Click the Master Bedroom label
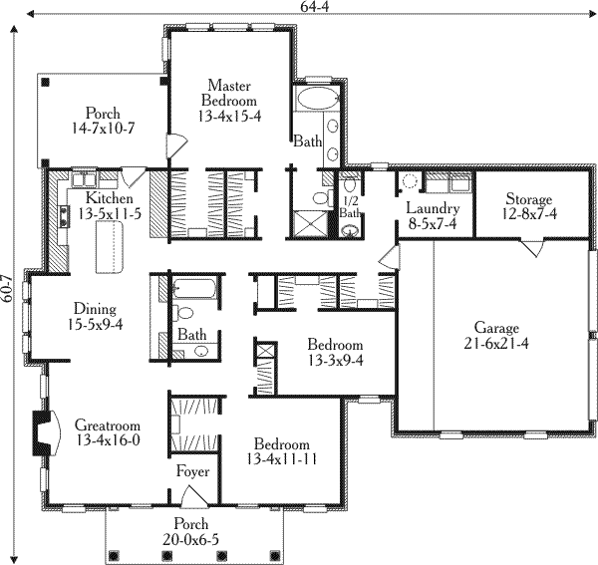229,93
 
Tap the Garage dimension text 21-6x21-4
496,344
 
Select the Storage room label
529,199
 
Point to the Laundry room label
433,209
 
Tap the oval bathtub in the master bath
318,99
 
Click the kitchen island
109,248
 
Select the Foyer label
192,471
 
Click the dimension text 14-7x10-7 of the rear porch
103,129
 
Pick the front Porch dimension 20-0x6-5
191,539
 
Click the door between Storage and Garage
532,248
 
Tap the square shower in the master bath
310,224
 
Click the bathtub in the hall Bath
194,289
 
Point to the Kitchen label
110,198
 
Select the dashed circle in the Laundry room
411,181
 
